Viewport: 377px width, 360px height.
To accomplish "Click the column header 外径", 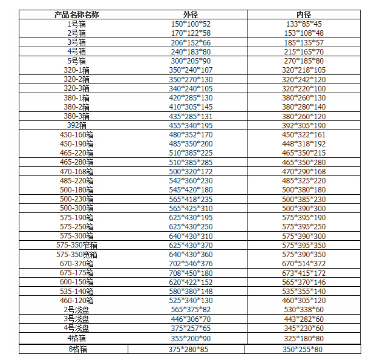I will [x=190, y=14].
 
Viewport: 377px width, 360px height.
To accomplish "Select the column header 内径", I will [x=303, y=14].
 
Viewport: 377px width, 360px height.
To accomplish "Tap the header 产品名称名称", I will [x=77, y=14].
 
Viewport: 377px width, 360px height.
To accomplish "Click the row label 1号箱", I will [x=77, y=24].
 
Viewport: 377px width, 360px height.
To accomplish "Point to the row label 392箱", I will [x=77, y=125].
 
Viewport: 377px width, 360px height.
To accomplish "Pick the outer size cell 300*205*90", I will [x=190, y=61].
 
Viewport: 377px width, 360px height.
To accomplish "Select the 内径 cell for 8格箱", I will [x=303, y=349].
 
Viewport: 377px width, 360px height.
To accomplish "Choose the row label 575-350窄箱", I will [x=77, y=245].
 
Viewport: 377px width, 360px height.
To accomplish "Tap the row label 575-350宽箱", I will [x=77, y=255].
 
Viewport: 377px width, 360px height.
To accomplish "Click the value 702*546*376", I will [x=190, y=264].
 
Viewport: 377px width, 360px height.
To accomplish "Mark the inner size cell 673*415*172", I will [x=303, y=273].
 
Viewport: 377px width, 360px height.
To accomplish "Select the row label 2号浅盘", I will [x=77, y=310].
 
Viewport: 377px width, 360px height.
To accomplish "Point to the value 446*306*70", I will [x=190, y=319].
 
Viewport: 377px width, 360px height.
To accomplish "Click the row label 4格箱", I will [x=77, y=338].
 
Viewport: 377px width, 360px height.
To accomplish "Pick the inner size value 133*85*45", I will [x=303, y=24].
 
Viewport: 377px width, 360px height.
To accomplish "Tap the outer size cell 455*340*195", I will [x=190, y=125].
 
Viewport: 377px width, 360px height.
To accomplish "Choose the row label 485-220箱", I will [x=77, y=180].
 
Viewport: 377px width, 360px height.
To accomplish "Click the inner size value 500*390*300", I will [x=303, y=208].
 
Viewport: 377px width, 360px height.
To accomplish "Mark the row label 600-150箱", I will [x=77, y=282].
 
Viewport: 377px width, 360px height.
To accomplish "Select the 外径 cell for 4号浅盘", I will [x=190, y=328].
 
